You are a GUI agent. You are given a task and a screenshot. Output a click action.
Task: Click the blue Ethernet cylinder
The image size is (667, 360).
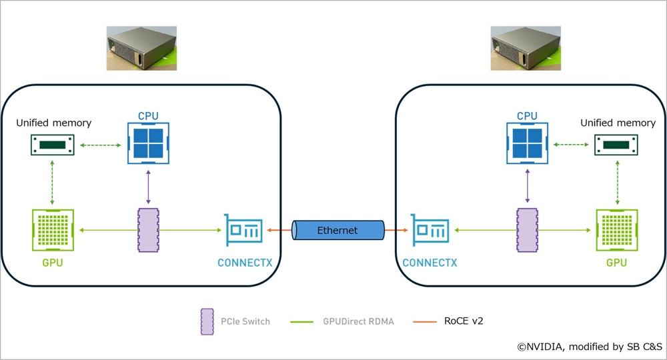[338, 231]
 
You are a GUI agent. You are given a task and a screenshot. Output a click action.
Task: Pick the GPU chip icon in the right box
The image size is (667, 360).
[616, 231]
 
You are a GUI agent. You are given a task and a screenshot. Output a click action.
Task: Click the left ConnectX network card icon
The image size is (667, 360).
[244, 231]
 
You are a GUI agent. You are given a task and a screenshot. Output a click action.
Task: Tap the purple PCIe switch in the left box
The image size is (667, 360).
[148, 231]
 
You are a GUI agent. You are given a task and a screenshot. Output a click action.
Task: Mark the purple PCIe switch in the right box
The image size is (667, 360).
[527, 231]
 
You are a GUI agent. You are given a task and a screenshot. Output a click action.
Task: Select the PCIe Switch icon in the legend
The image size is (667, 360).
[206, 321]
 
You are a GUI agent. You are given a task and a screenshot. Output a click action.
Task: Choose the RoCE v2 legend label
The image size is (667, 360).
[463, 321]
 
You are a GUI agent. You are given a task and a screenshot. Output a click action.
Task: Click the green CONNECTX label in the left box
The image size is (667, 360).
[245, 263]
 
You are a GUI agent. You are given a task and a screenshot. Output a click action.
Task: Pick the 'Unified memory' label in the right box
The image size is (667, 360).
[618, 123]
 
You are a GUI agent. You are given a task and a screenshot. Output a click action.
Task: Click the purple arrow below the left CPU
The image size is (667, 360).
[148, 187]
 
